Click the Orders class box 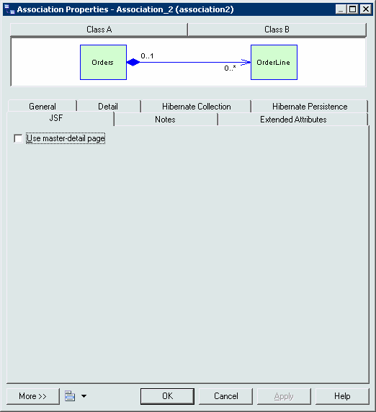[103, 62]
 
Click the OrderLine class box [274, 62]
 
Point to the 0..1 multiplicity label [147, 56]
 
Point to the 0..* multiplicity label [230, 68]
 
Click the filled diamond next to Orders [133, 62]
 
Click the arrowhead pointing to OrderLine [246, 62]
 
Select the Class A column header [99, 30]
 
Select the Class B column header [277, 30]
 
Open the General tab [42, 107]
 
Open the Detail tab [108, 107]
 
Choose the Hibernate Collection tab [196, 107]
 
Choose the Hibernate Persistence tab [310, 107]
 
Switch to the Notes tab [165, 120]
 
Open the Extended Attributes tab [293, 120]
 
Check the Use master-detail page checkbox [18, 138]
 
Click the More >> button [33, 396]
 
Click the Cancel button [226, 396]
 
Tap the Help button [342, 396]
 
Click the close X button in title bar [365, 9]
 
